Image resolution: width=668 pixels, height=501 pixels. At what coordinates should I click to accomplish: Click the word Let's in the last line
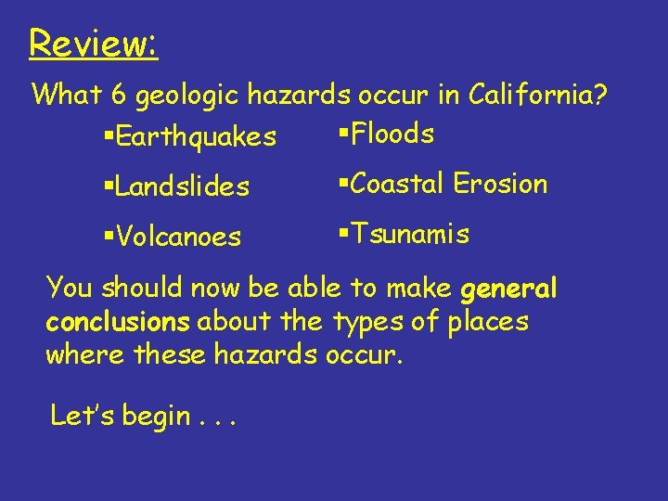pyautogui.click(x=82, y=416)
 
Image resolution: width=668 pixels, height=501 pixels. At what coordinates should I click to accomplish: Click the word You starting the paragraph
pyautogui.click(x=68, y=289)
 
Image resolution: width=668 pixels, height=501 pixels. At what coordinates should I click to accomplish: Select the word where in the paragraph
pyautogui.click(x=86, y=354)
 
